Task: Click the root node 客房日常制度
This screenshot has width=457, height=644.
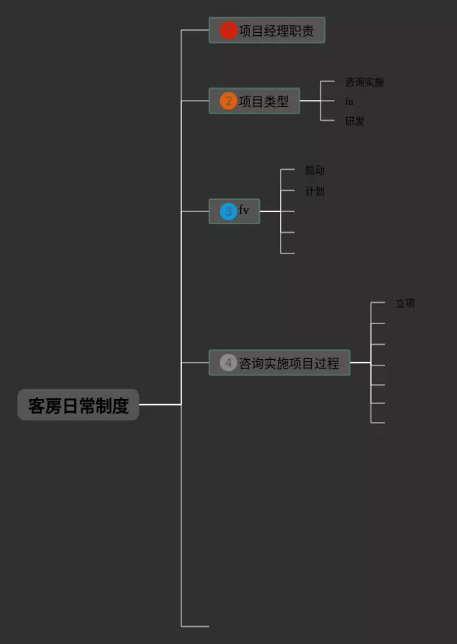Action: (79, 406)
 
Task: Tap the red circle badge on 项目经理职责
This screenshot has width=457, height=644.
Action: (228, 31)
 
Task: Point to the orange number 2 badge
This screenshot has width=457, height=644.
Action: (228, 101)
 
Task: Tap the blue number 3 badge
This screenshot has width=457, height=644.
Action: (228, 211)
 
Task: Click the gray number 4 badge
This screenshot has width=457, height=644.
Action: (228, 363)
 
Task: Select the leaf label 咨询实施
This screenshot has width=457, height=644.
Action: (364, 82)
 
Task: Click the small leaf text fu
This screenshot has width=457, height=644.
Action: (349, 101)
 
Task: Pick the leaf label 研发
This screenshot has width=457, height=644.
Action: (355, 121)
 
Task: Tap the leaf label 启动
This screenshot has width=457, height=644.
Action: (315, 170)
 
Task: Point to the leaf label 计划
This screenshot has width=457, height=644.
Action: (315, 191)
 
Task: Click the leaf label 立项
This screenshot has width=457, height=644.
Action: (405, 303)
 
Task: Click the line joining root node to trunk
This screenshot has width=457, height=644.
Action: (160, 404)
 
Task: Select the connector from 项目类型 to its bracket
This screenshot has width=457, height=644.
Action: (310, 101)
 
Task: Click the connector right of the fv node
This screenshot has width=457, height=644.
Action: (270, 211)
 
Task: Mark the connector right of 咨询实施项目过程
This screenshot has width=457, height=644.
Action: (360, 363)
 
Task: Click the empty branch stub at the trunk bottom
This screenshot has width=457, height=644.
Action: (195, 626)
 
